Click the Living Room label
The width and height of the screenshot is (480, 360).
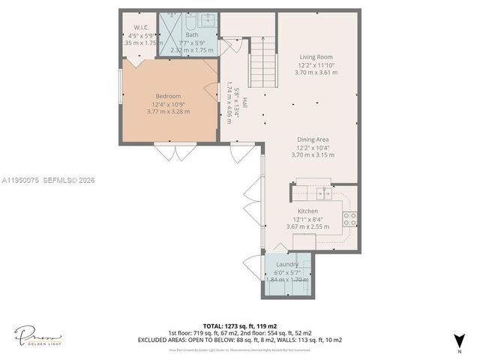coord(316,57)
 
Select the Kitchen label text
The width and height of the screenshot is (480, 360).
coord(307,211)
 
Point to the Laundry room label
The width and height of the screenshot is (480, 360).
coord(287,264)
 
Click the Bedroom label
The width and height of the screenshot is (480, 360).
coord(168,96)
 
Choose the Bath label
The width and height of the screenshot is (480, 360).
coord(193,34)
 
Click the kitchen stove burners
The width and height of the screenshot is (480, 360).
coord(349,218)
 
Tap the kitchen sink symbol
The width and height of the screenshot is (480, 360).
coord(325,193)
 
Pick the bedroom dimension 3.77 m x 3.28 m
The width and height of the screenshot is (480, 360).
coord(168,112)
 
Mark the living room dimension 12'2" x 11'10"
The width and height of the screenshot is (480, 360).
coord(316,65)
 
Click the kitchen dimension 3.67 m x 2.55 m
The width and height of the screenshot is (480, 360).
coord(307,226)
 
